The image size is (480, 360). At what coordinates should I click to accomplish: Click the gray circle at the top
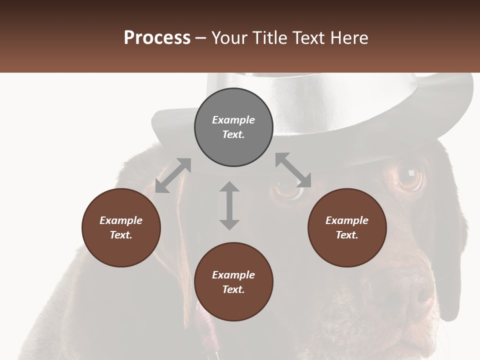pyautogui.click(x=233, y=127)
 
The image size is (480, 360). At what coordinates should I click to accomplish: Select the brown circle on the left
pyautogui.click(x=121, y=228)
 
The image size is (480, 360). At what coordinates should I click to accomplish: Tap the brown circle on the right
pyautogui.click(x=347, y=228)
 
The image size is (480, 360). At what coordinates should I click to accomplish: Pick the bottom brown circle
pyautogui.click(x=233, y=282)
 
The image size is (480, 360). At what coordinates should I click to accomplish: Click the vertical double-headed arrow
pyautogui.click(x=229, y=205)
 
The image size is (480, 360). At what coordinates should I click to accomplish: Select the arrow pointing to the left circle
pyautogui.click(x=173, y=175)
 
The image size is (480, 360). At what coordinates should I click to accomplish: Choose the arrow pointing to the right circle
pyautogui.click(x=293, y=170)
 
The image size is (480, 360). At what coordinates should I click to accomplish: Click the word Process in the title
pyautogui.click(x=157, y=38)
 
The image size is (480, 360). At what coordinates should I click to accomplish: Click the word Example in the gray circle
pyautogui.click(x=233, y=120)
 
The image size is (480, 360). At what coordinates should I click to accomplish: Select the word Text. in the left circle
pyautogui.click(x=121, y=235)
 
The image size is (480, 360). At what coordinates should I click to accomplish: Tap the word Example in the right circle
pyautogui.click(x=347, y=220)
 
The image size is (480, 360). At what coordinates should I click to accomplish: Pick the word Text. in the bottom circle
pyautogui.click(x=233, y=289)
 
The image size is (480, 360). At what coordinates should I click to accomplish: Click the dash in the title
pyautogui.click(x=201, y=38)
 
